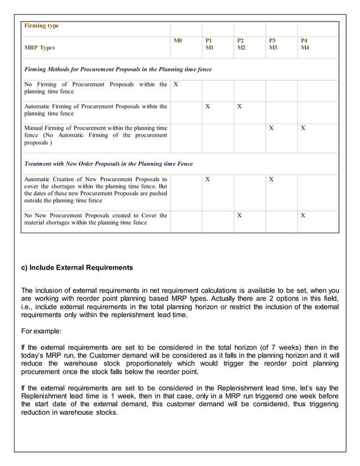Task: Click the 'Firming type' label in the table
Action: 42,26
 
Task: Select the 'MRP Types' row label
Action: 39,48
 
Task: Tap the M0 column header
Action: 178,41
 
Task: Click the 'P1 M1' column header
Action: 209,45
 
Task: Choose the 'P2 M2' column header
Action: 241,45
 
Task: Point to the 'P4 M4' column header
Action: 305,45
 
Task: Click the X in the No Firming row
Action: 176,85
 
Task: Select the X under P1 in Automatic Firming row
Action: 208,106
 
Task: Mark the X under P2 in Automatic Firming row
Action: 239,106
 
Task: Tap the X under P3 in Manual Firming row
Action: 271,128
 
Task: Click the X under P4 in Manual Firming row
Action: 303,128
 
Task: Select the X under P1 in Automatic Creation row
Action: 208,179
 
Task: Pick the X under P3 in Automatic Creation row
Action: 271,179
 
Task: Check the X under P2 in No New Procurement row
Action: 239,216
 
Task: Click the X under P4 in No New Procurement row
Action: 303,216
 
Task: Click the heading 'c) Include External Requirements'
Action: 77,267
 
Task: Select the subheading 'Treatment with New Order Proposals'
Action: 108,164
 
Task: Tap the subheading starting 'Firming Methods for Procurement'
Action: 118,69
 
